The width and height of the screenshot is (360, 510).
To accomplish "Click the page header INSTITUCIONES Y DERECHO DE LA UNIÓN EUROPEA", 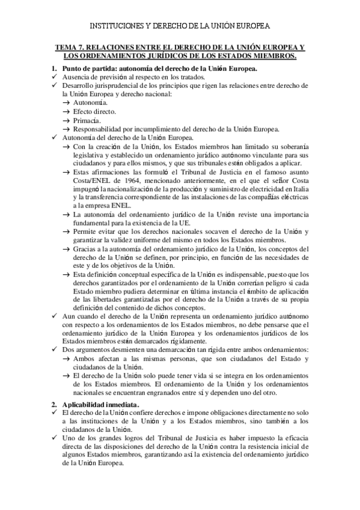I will coord(180,26).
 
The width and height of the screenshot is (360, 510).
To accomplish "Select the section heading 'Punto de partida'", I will coord(91,69).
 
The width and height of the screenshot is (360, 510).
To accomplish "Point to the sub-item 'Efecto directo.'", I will coord(95,112).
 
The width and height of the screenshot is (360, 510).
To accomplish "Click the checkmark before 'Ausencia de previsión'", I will coord(55,78).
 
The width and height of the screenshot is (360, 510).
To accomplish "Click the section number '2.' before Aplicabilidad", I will coord(53,404).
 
